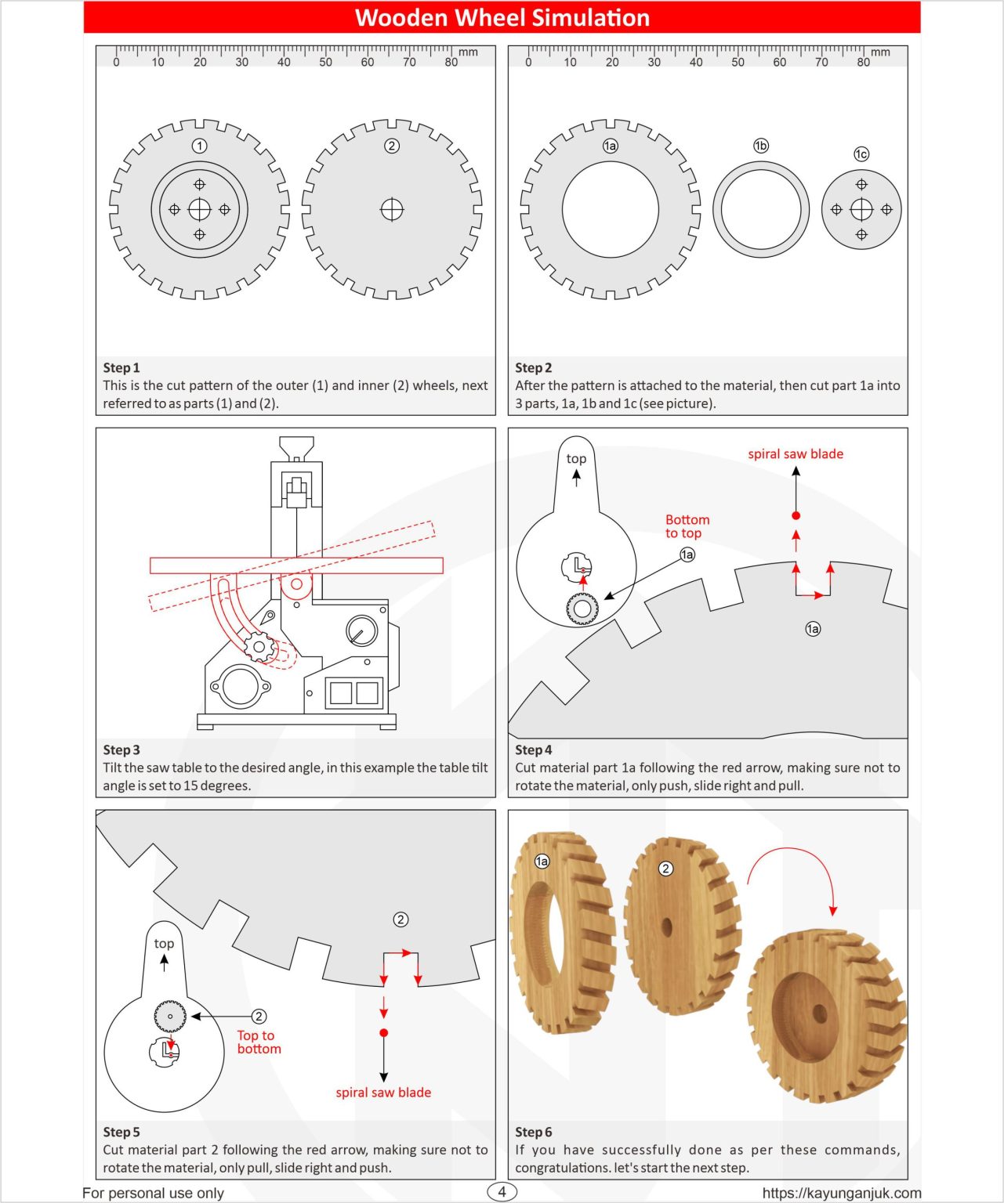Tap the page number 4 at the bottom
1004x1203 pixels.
click(x=502, y=1192)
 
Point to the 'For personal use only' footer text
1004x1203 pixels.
click(x=153, y=1193)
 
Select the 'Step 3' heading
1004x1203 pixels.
click(x=121, y=750)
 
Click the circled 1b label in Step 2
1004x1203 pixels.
click(x=760, y=146)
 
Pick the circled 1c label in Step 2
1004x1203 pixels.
click(x=861, y=154)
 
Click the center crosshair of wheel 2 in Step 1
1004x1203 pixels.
click(x=392, y=210)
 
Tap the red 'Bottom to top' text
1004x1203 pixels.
click(x=687, y=526)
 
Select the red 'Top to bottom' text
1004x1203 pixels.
click(x=258, y=1042)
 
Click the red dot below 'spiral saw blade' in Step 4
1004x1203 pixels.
click(x=796, y=515)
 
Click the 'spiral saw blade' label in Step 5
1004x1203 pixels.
click(x=383, y=1093)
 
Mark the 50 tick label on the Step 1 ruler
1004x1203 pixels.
click(x=325, y=63)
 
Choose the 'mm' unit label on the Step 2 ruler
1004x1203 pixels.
click(x=880, y=52)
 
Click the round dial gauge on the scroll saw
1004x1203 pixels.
click(x=361, y=630)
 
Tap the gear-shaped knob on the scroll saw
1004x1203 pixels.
click(x=257, y=647)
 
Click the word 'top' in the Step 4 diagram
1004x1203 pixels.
click(x=576, y=459)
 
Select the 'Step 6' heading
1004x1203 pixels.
click(x=533, y=1132)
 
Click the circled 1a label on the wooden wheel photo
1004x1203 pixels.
click(x=542, y=862)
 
